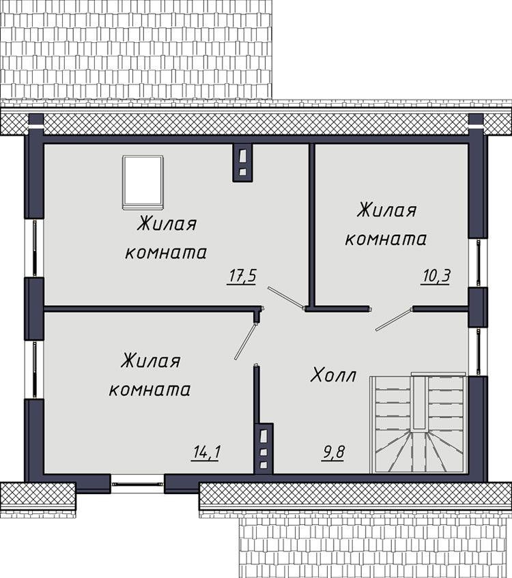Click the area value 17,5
(242, 276)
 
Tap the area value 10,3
(436, 276)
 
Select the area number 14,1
(207, 452)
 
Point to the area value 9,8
(333, 452)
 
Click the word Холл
(333, 375)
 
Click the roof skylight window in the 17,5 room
(143, 182)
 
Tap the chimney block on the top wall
(243, 162)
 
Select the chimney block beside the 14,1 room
(264, 448)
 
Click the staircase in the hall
(418, 423)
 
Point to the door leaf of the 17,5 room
(286, 297)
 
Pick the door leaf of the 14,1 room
(246, 341)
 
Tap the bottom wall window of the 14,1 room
(138, 484)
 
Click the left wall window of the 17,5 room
(34, 248)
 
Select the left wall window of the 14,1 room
(34, 369)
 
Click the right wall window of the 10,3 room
(478, 263)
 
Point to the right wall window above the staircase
(478, 351)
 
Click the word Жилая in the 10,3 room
(386, 211)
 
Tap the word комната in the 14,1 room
(150, 390)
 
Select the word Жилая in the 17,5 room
(167, 224)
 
